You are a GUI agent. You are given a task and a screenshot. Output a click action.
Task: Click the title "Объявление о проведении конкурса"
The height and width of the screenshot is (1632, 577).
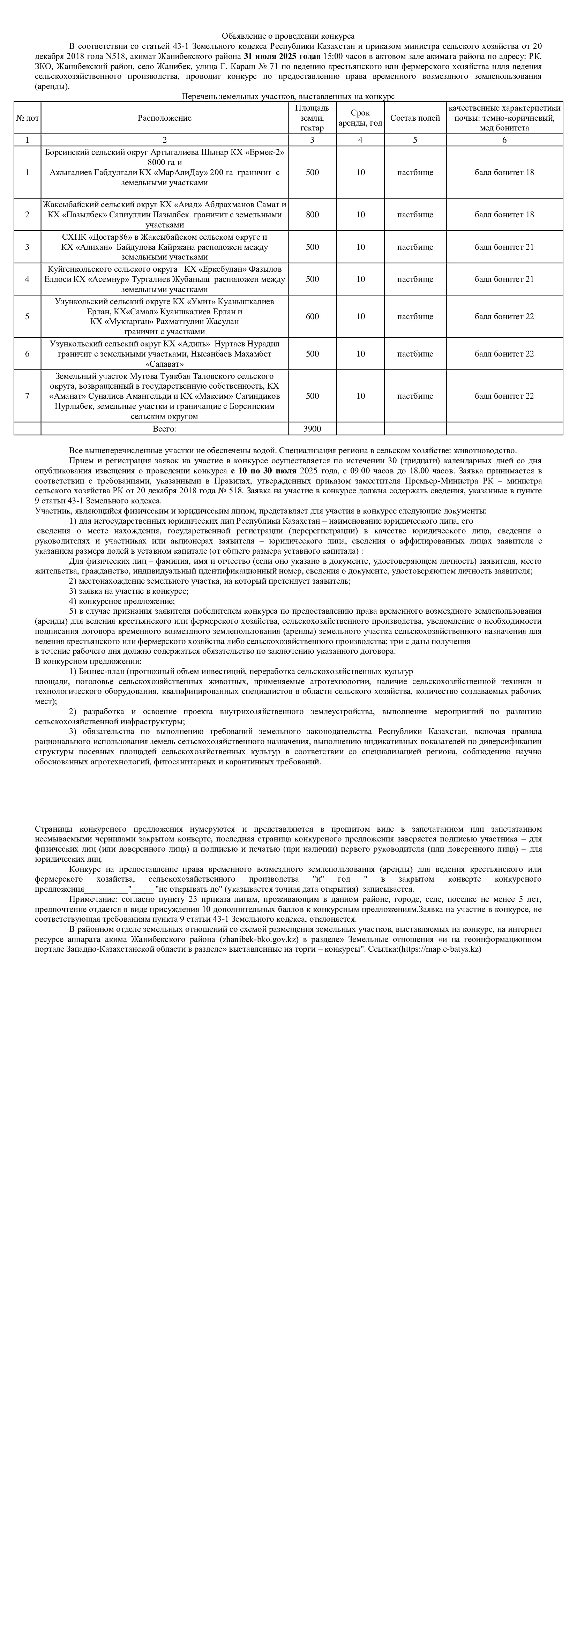[x=288, y=37]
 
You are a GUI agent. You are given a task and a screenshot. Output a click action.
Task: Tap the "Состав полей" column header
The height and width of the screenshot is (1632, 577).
[x=415, y=118]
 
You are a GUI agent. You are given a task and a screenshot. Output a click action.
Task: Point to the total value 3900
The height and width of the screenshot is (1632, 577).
[x=312, y=429]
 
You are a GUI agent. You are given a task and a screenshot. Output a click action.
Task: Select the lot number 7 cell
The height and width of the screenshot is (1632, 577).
[x=27, y=396]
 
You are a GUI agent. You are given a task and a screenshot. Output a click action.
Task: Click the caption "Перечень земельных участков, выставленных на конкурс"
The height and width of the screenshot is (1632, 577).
[x=288, y=96]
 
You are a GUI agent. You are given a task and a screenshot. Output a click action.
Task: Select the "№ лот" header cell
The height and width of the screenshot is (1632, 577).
[x=27, y=118]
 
